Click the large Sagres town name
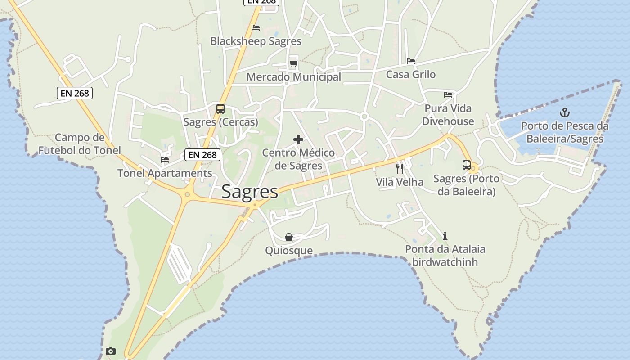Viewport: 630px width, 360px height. tap(250, 192)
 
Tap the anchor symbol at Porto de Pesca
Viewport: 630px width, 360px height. tap(564, 112)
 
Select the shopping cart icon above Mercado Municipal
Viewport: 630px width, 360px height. tap(293, 63)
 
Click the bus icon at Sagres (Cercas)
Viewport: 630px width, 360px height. tap(220, 109)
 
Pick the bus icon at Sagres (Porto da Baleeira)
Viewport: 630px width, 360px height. tap(467, 165)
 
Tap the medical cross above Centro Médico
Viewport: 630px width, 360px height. tap(298, 139)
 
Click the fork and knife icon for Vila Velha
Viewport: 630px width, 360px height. tap(400, 169)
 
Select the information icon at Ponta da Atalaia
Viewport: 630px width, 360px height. tap(445, 236)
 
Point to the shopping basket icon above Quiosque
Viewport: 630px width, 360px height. tap(289, 237)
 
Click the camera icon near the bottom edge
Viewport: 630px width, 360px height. tap(111, 351)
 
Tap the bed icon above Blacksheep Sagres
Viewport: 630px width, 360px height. tap(256, 28)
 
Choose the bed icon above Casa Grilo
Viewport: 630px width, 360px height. tap(410, 61)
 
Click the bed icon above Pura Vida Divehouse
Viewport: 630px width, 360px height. tap(448, 95)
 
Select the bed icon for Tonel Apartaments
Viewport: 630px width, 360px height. tap(165, 160)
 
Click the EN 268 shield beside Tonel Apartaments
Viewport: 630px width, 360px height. tap(202, 155)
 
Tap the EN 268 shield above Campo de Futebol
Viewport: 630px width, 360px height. tap(75, 93)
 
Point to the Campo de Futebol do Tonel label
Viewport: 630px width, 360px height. tap(80, 144)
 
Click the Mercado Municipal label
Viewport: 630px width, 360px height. tap(293, 77)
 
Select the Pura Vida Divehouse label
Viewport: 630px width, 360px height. tap(448, 115)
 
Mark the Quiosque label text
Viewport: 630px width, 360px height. tap(289, 251)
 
